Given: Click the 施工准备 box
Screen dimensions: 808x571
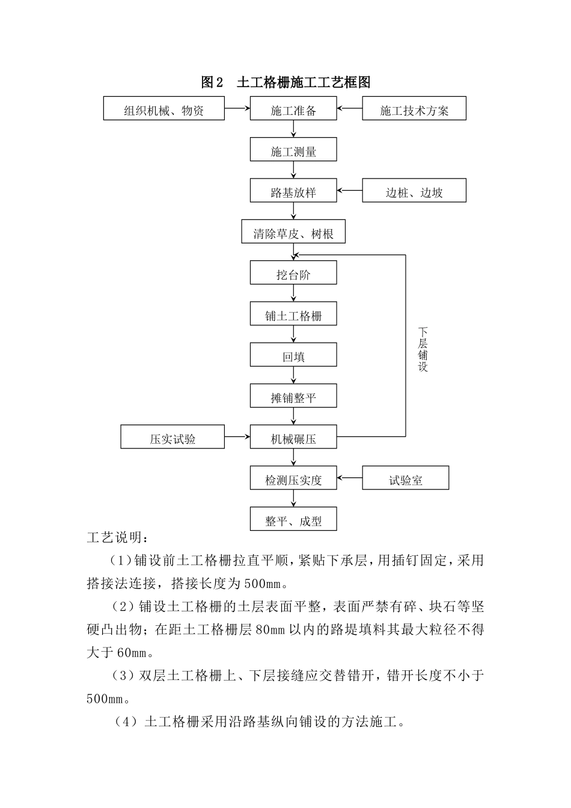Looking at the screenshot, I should [x=293, y=111].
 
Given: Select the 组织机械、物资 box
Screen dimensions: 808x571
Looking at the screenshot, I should [x=163, y=111].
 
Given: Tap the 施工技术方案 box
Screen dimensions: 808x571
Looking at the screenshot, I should [x=414, y=111].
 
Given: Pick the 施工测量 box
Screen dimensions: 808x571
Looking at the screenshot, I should [x=293, y=151].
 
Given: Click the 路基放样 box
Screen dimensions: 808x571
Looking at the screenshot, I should [x=293, y=193].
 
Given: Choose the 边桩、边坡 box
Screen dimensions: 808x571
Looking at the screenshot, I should [x=414, y=193].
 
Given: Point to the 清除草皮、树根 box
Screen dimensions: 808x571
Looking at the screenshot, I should [x=293, y=234].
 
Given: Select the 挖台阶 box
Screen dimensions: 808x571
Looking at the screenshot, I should [x=293, y=275].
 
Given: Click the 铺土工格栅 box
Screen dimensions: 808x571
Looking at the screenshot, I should [x=293, y=316].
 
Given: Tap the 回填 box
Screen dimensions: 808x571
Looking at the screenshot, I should [x=293, y=357].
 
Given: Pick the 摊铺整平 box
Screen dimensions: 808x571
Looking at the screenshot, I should [x=293, y=397].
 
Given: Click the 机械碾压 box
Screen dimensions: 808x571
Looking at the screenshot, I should [x=293, y=439].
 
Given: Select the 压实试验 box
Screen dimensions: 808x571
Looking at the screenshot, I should [x=173, y=439].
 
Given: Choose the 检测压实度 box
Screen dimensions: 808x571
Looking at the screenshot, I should [x=293, y=480].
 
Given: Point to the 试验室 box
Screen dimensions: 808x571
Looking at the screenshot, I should [x=405, y=480].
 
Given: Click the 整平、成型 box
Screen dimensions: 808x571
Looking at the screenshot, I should [x=293, y=521].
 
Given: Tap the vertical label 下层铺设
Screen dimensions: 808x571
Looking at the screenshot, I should [x=423, y=349].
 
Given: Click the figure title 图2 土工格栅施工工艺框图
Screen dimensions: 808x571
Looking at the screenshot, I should [x=285, y=82].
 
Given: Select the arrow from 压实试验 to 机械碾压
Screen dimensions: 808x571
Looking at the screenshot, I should [x=237, y=436].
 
